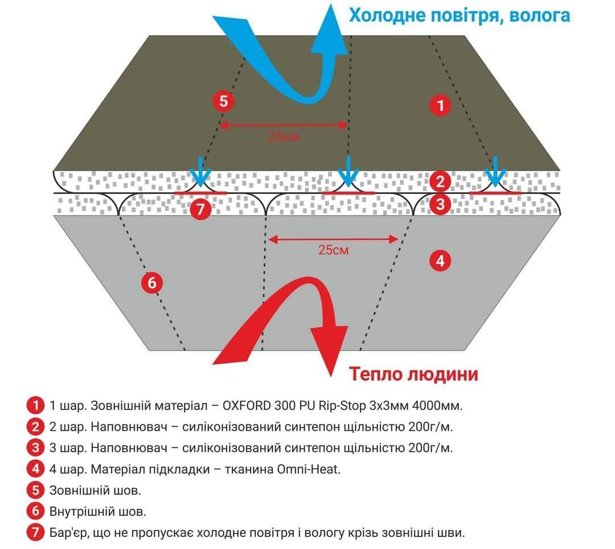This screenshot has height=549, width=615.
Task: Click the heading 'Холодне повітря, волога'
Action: pyautogui.click(x=460, y=16)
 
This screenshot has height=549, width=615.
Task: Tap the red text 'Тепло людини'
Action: pyautogui.click(x=413, y=374)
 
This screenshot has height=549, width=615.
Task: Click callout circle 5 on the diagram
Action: pyautogui.click(x=224, y=101)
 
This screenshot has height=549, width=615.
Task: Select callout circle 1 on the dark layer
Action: pyautogui.click(x=440, y=105)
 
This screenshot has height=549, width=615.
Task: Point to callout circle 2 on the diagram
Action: pyautogui.click(x=440, y=181)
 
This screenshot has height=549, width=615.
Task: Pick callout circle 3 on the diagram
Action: pyautogui.click(x=440, y=204)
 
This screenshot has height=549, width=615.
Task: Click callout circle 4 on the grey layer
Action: pyautogui.click(x=440, y=261)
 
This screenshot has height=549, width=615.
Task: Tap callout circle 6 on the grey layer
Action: pyautogui.click(x=152, y=283)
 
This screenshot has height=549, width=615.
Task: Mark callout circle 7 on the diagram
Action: pyautogui.click(x=201, y=209)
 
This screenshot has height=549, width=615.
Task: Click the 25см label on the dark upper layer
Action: pyautogui.click(x=284, y=137)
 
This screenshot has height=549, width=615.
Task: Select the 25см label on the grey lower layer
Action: pyautogui.click(x=333, y=250)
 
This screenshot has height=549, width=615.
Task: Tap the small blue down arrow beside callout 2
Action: pyautogui.click(x=495, y=172)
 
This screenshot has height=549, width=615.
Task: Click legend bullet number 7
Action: pyautogui.click(x=36, y=532)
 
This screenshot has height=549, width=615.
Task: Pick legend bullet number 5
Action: pyautogui.click(x=36, y=490)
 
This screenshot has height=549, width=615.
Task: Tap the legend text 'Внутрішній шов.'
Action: pyautogui.click(x=98, y=511)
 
